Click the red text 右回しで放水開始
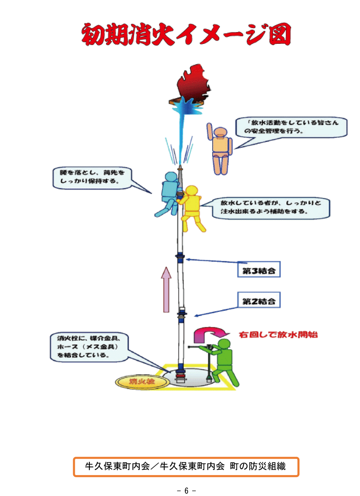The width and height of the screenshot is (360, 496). point(278,335)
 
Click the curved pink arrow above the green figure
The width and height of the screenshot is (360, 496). point(209,333)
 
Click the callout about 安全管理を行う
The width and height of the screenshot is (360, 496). point(291,127)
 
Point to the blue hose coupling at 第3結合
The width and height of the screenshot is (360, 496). point(180,258)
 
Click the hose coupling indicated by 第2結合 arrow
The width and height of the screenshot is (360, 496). point(182,314)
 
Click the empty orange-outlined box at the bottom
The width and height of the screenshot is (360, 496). point(186,467)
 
